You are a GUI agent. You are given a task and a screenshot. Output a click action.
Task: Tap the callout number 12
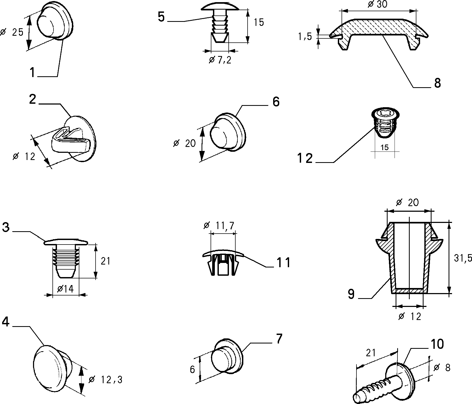click(x=305, y=158)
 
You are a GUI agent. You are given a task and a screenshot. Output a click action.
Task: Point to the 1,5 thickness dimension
click(x=305, y=37)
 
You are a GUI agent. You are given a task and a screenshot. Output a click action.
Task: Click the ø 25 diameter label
click(x=12, y=32)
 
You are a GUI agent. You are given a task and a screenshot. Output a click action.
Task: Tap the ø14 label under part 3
click(x=65, y=289)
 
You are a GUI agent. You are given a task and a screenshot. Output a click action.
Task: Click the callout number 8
click(x=437, y=83)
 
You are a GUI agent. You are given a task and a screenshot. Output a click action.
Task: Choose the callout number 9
click(x=351, y=294)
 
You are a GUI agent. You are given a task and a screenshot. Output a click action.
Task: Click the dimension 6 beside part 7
click(x=192, y=369)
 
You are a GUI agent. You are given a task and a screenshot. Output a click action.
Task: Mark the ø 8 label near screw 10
click(x=442, y=368)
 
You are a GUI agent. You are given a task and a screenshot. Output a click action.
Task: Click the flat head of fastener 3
click(x=66, y=242)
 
